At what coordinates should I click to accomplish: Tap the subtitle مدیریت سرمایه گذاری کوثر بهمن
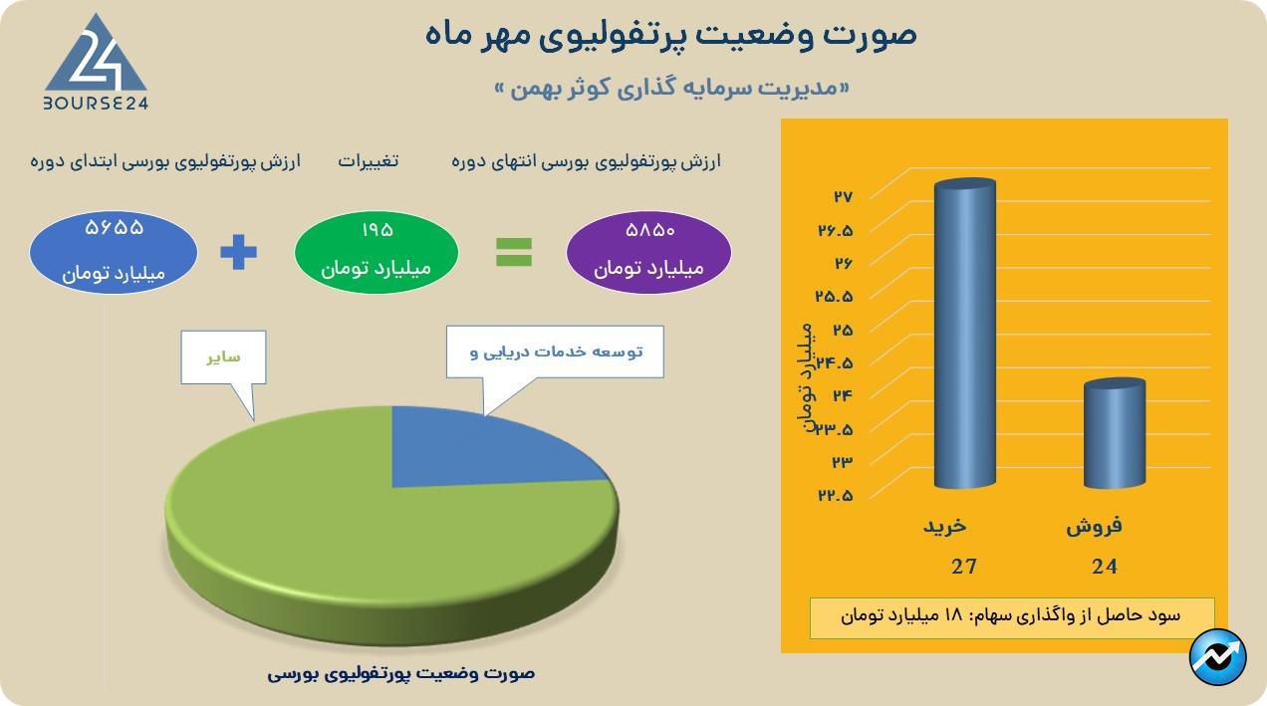point(672,89)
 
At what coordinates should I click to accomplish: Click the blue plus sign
point(238,251)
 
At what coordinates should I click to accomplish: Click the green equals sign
point(514,251)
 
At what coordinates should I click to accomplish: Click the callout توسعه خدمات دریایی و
point(555,352)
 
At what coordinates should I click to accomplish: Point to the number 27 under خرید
point(963,567)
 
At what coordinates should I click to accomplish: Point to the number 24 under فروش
point(1104,567)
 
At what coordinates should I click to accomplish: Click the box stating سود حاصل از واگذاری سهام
point(1011,616)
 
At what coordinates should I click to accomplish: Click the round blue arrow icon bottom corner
point(1218,658)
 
